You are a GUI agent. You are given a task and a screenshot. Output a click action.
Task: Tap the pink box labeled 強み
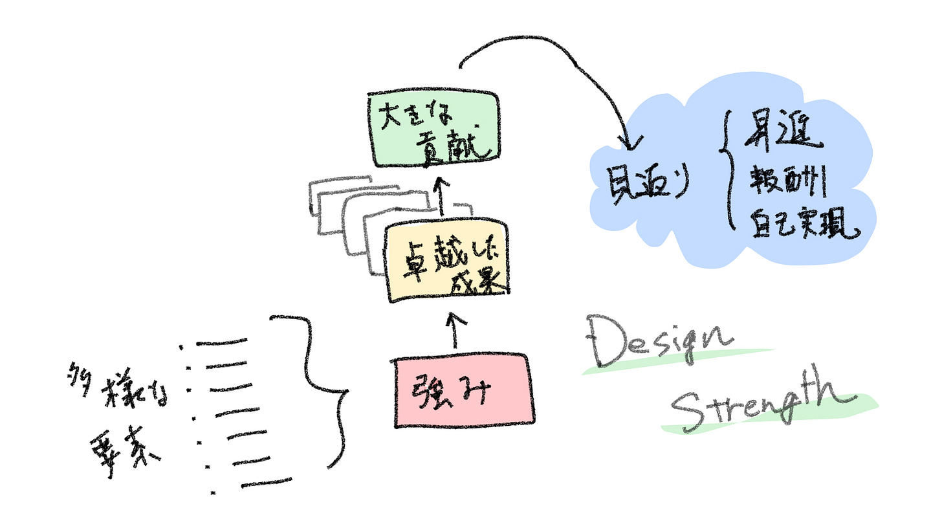463,390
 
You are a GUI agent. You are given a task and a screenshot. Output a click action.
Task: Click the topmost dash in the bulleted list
222,341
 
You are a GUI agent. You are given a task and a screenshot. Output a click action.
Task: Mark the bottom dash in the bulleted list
265,483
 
